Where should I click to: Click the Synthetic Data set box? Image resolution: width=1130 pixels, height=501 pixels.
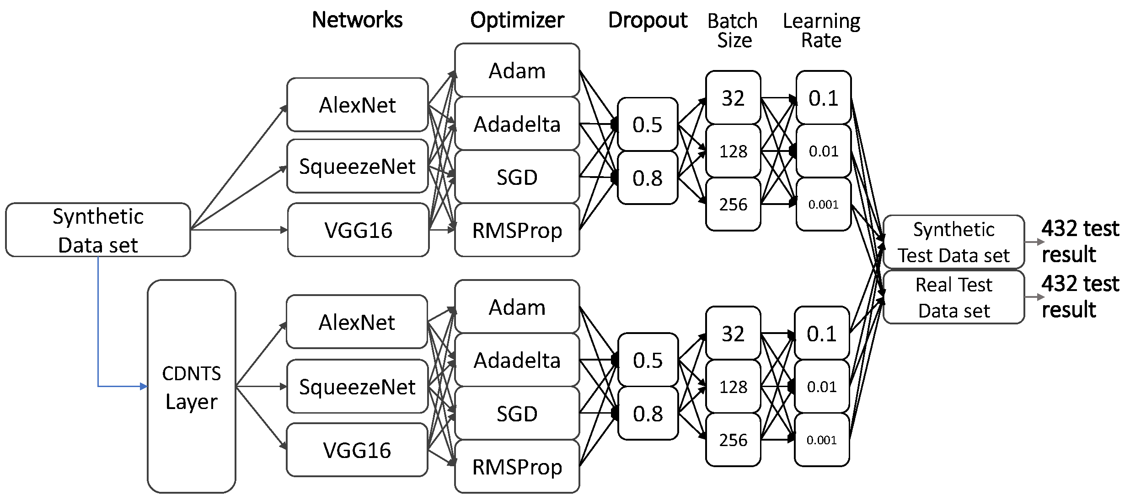click(x=98, y=230)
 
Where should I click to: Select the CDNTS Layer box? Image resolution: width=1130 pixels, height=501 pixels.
click(x=191, y=387)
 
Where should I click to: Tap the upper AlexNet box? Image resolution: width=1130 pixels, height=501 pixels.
click(x=357, y=105)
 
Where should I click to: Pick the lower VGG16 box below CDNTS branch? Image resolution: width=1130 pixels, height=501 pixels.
click(x=357, y=450)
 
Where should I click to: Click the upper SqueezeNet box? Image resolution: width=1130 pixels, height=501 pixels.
click(x=357, y=167)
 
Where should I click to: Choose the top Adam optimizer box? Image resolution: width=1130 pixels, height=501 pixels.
click(x=517, y=70)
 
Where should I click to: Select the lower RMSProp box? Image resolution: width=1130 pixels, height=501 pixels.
click(x=517, y=467)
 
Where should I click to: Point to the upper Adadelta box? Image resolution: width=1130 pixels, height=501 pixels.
click(x=517, y=124)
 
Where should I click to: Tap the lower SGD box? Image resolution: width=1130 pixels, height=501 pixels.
click(x=517, y=414)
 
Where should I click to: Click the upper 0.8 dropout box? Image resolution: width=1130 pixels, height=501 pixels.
click(x=647, y=178)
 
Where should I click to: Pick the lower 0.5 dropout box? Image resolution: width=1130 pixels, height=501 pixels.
click(x=648, y=360)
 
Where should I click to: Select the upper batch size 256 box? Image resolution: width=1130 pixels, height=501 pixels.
click(x=733, y=204)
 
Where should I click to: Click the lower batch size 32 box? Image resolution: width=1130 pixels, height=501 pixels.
click(x=733, y=334)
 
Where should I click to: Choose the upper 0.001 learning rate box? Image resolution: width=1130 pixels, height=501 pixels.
click(x=823, y=204)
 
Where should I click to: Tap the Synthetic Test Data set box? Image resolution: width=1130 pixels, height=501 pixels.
click(x=953, y=242)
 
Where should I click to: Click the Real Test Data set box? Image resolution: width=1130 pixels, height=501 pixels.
click(x=953, y=297)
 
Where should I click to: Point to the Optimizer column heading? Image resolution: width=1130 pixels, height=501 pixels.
click(x=517, y=20)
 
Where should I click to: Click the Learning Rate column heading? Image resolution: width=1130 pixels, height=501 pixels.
click(x=821, y=30)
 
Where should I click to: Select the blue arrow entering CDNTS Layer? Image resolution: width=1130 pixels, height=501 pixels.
click(x=119, y=387)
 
